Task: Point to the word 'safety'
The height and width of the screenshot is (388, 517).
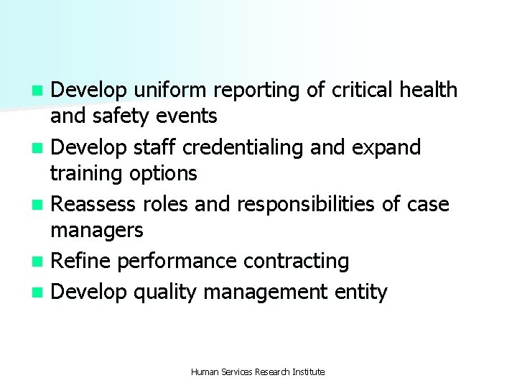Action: [128, 116]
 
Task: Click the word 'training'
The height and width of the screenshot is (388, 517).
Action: [90, 174]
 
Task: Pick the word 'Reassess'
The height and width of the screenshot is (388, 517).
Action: [94, 205]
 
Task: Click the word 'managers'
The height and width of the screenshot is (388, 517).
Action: [97, 231]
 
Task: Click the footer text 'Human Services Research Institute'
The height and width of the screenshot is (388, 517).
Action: [258, 372]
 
